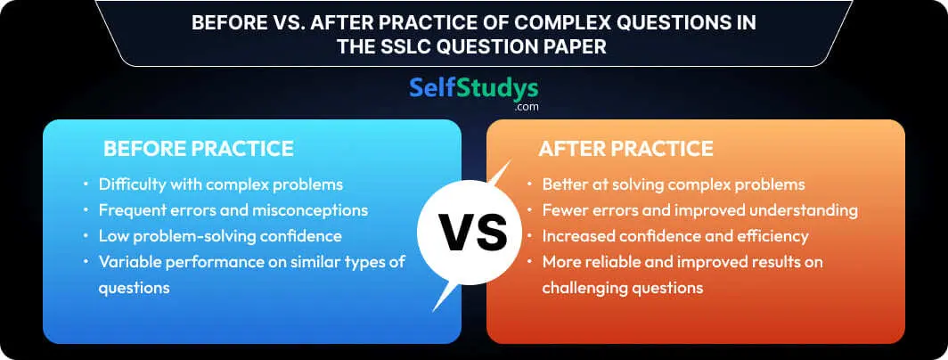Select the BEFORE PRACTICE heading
pos(199,149)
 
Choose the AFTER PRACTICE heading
pos(625,149)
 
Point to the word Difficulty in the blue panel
pos(128,184)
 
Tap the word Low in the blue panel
pos(112,236)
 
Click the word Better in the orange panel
pos(563,184)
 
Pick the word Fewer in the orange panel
pos(562,210)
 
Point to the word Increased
pos(573,236)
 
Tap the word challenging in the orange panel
pos(584,288)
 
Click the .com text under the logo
pos(526,107)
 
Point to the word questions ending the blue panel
pos(134,289)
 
